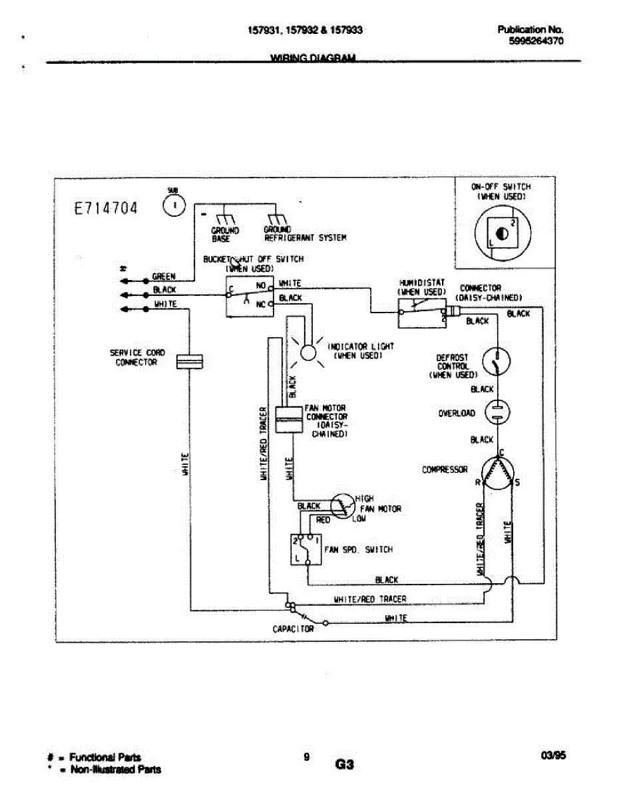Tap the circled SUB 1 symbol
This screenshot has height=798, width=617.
tap(174, 206)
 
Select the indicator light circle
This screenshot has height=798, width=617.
tap(308, 352)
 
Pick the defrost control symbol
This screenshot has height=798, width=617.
tap(497, 362)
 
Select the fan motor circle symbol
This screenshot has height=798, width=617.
tap(344, 507)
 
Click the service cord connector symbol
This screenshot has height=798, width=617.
tap(189, 361)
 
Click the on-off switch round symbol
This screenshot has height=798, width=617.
tap(502, 235)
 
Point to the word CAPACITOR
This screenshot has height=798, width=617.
tap(293, 628)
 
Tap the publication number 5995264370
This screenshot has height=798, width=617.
tap(536, 41)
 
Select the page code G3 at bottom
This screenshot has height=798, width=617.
tap(344, 765)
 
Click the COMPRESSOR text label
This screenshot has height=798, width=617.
tap(445, 469)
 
